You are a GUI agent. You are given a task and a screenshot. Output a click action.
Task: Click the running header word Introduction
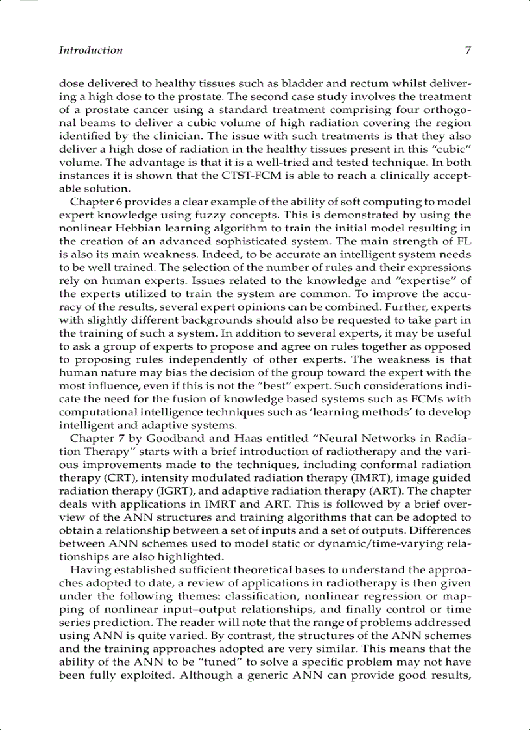point(90,50)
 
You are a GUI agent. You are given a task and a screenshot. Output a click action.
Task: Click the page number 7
point(468,50)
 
